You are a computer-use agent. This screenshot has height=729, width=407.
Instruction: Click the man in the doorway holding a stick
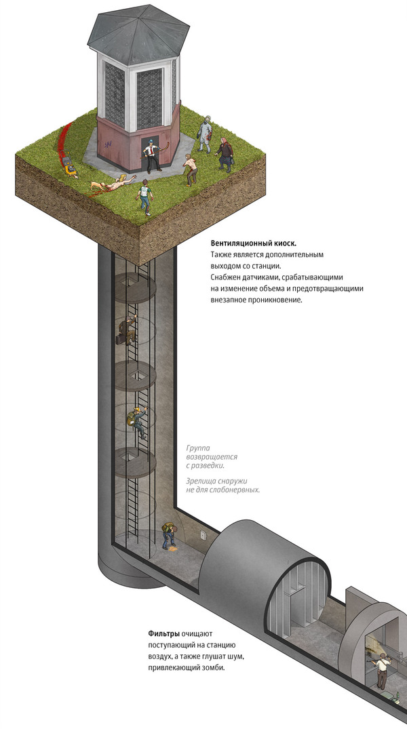click(152, 155)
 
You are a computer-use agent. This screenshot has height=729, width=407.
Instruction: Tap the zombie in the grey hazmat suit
click(204, 136)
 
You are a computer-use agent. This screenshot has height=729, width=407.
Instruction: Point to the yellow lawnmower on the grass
click(70, 166)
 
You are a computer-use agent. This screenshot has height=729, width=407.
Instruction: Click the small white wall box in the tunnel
click(203, 536)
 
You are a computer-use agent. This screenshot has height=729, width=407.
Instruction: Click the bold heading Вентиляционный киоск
click(254, 243)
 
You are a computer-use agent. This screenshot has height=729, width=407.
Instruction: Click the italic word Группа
click(197, 448)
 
